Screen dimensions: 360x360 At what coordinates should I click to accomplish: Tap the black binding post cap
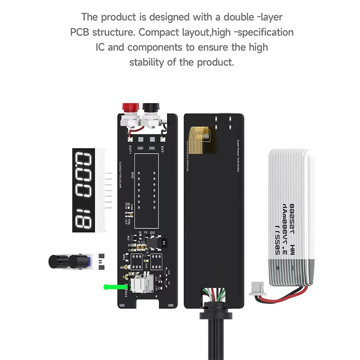click(148, 108)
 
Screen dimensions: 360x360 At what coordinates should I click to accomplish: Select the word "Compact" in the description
click(158, 32)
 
